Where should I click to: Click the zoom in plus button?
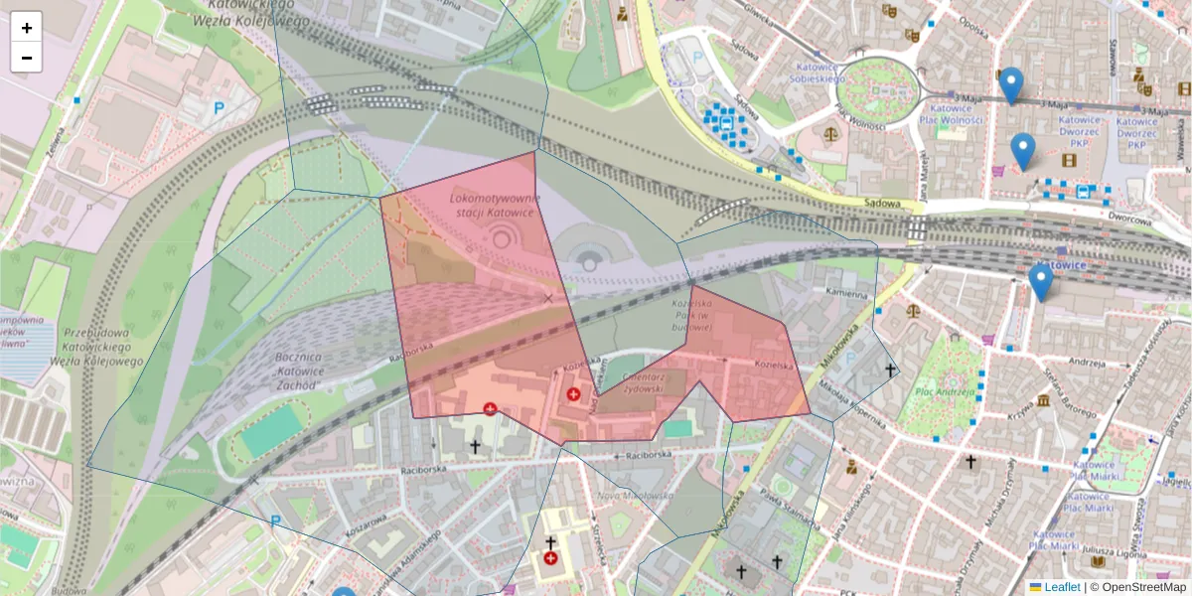coord(27,28)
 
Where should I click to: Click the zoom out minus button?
coord(27,58)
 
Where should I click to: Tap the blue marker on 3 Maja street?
coord(1011,85)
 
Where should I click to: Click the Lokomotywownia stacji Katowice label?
coord(494,205)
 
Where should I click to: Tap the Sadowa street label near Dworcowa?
coord(884,204)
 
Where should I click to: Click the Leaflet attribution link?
coord(1061,587)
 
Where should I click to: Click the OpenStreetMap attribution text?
coord(1138,587)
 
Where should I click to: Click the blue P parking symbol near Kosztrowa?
coord(275,520)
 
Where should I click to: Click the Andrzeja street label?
coord(1087,362)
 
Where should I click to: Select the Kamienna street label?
coord(848,295)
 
